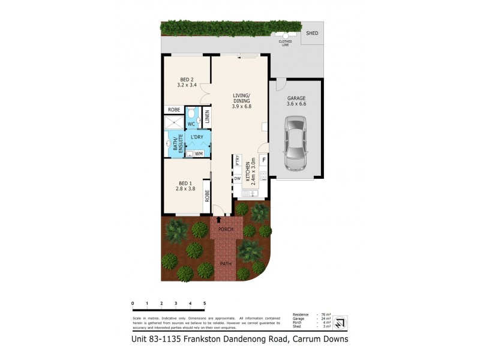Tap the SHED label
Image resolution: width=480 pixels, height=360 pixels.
pos(312,34)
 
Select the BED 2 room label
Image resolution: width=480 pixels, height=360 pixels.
pos(187,82)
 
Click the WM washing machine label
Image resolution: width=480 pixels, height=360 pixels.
pos(199,154)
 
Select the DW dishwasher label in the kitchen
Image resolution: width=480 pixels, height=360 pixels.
pos(238,178)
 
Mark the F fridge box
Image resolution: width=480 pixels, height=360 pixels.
pos(263,161)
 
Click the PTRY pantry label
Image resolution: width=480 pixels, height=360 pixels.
pos(238,161)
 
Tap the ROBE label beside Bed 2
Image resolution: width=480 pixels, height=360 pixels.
pos(174,110)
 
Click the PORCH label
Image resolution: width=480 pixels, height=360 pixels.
pos(226,230)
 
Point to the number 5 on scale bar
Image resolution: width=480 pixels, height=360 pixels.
pos(205,304)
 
